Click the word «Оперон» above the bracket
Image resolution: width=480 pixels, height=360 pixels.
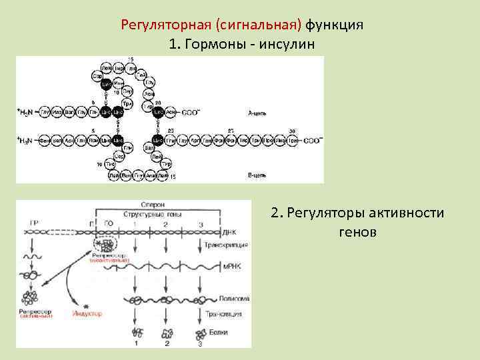(153, 205)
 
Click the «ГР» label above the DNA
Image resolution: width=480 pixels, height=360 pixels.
(33, 221)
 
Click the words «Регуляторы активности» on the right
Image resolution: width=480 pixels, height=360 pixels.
(357, 213)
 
